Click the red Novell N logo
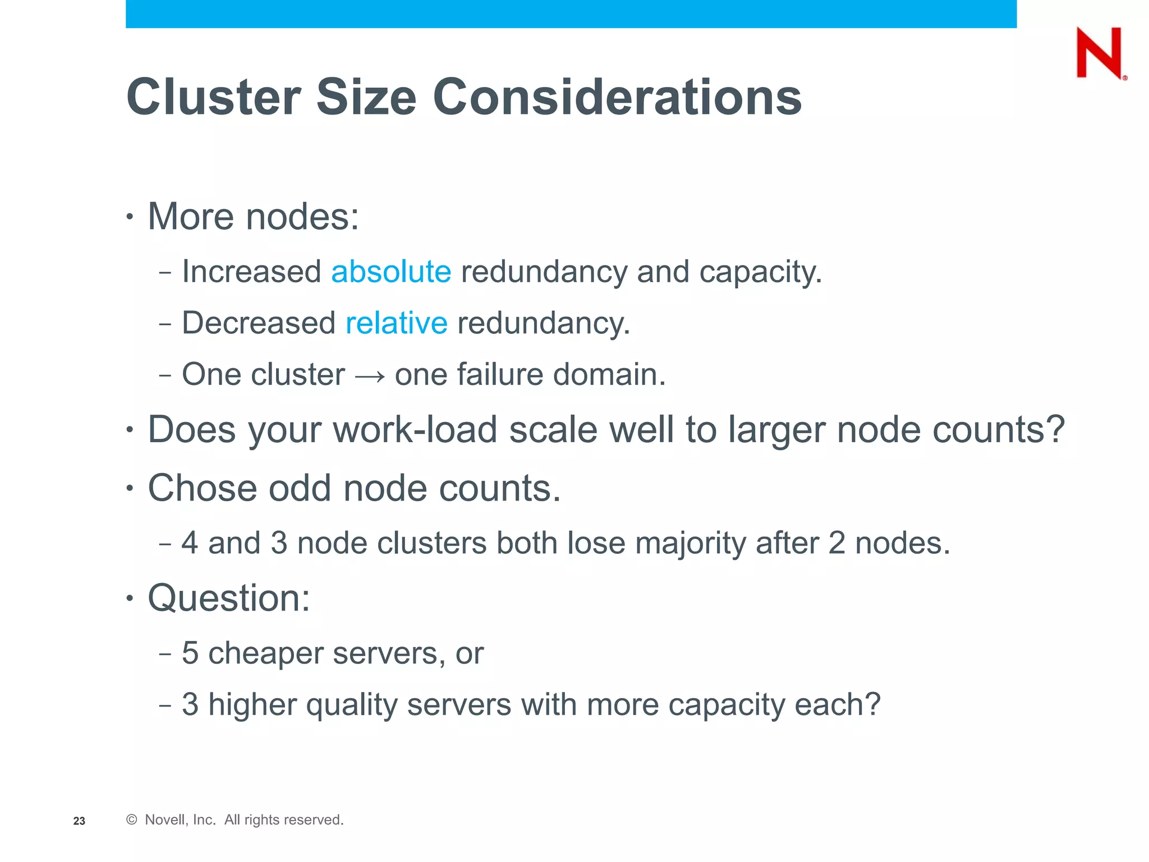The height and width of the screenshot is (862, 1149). point(1100,53)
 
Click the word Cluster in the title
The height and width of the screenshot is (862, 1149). point(214,97)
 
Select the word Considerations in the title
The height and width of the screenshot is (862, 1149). point(617,97)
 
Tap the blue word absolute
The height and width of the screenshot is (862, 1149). point(391,272)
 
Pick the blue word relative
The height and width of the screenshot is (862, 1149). point(396,323)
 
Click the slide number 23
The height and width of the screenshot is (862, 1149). point(79,821)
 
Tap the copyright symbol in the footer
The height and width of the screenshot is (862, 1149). point(132,820)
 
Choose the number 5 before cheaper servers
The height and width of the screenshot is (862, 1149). point(190,653)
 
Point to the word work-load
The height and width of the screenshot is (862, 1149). point(415,430)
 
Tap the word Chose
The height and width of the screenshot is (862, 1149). point(202,488)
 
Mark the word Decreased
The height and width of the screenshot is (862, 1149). point(259,323)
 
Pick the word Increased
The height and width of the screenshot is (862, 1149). point(251,272)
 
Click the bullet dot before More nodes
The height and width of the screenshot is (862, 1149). point(130,217)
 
